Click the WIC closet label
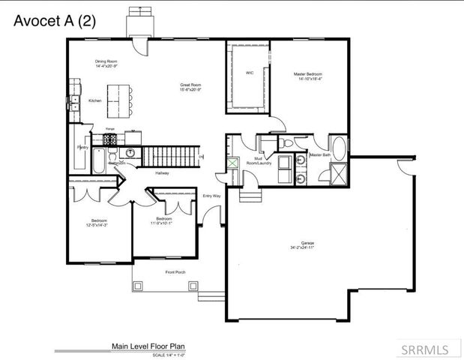[x=250, y=73]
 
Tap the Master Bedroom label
[x=307, y=76]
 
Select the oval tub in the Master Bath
[x=339, y=147]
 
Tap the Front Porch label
[x=175, y=272]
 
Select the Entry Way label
[x=212, y=196]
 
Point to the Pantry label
[x=82, y=148]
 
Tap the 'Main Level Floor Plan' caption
[x=148, y=346]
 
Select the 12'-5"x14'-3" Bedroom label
[x=97, y=222]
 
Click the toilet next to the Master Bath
[x=289, y=144]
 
